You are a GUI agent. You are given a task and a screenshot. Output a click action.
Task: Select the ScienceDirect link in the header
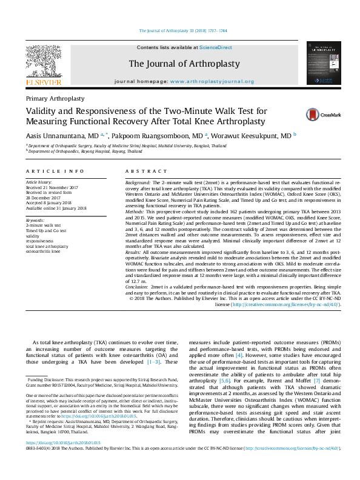(216, 47)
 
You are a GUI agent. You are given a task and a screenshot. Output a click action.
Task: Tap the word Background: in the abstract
(138, 182)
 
